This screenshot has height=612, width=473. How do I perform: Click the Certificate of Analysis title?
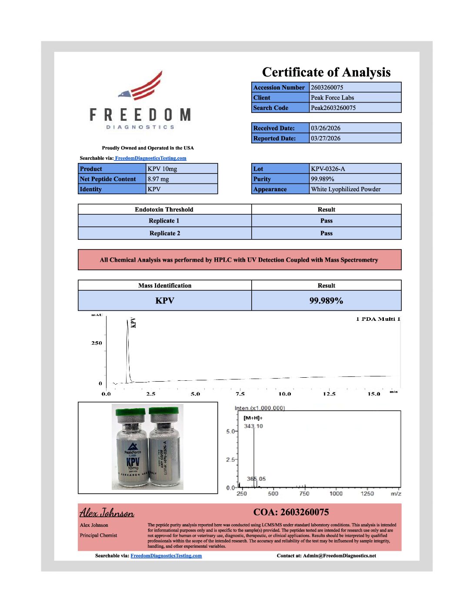tap(326, 72)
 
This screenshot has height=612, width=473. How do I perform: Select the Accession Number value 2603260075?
tap(327, 87)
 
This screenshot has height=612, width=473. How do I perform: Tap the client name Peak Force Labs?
tap(332, 98)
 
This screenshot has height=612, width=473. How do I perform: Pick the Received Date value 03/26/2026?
tap(326, 128)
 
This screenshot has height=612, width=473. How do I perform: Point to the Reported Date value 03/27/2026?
tap(326, 138)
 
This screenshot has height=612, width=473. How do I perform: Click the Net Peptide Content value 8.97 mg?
tap(158, 179)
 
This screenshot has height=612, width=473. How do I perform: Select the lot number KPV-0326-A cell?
tap(328, 169)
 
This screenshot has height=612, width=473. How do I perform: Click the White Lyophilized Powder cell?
tap(346, 189)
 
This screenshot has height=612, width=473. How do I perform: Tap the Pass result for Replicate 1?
tap(326, 221)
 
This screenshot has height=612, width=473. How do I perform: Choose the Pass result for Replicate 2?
tap(326, 233)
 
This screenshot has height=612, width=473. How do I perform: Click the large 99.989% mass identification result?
tap(326, 301)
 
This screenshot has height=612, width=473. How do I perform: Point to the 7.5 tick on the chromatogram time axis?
tap(240, 394)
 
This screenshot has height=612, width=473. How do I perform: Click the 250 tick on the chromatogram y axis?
tap(97, 343)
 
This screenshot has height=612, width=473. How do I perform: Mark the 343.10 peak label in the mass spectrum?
tap(253, 426)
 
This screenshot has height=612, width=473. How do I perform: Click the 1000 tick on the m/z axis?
tap(336, 493)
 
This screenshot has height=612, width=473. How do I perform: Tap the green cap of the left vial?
tap(130, 412)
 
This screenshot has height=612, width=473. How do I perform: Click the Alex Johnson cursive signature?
tap(107, 513)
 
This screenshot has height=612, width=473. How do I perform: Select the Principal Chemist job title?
tap(98, 535)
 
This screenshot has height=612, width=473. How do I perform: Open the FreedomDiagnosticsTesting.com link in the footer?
tap(166, 555)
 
